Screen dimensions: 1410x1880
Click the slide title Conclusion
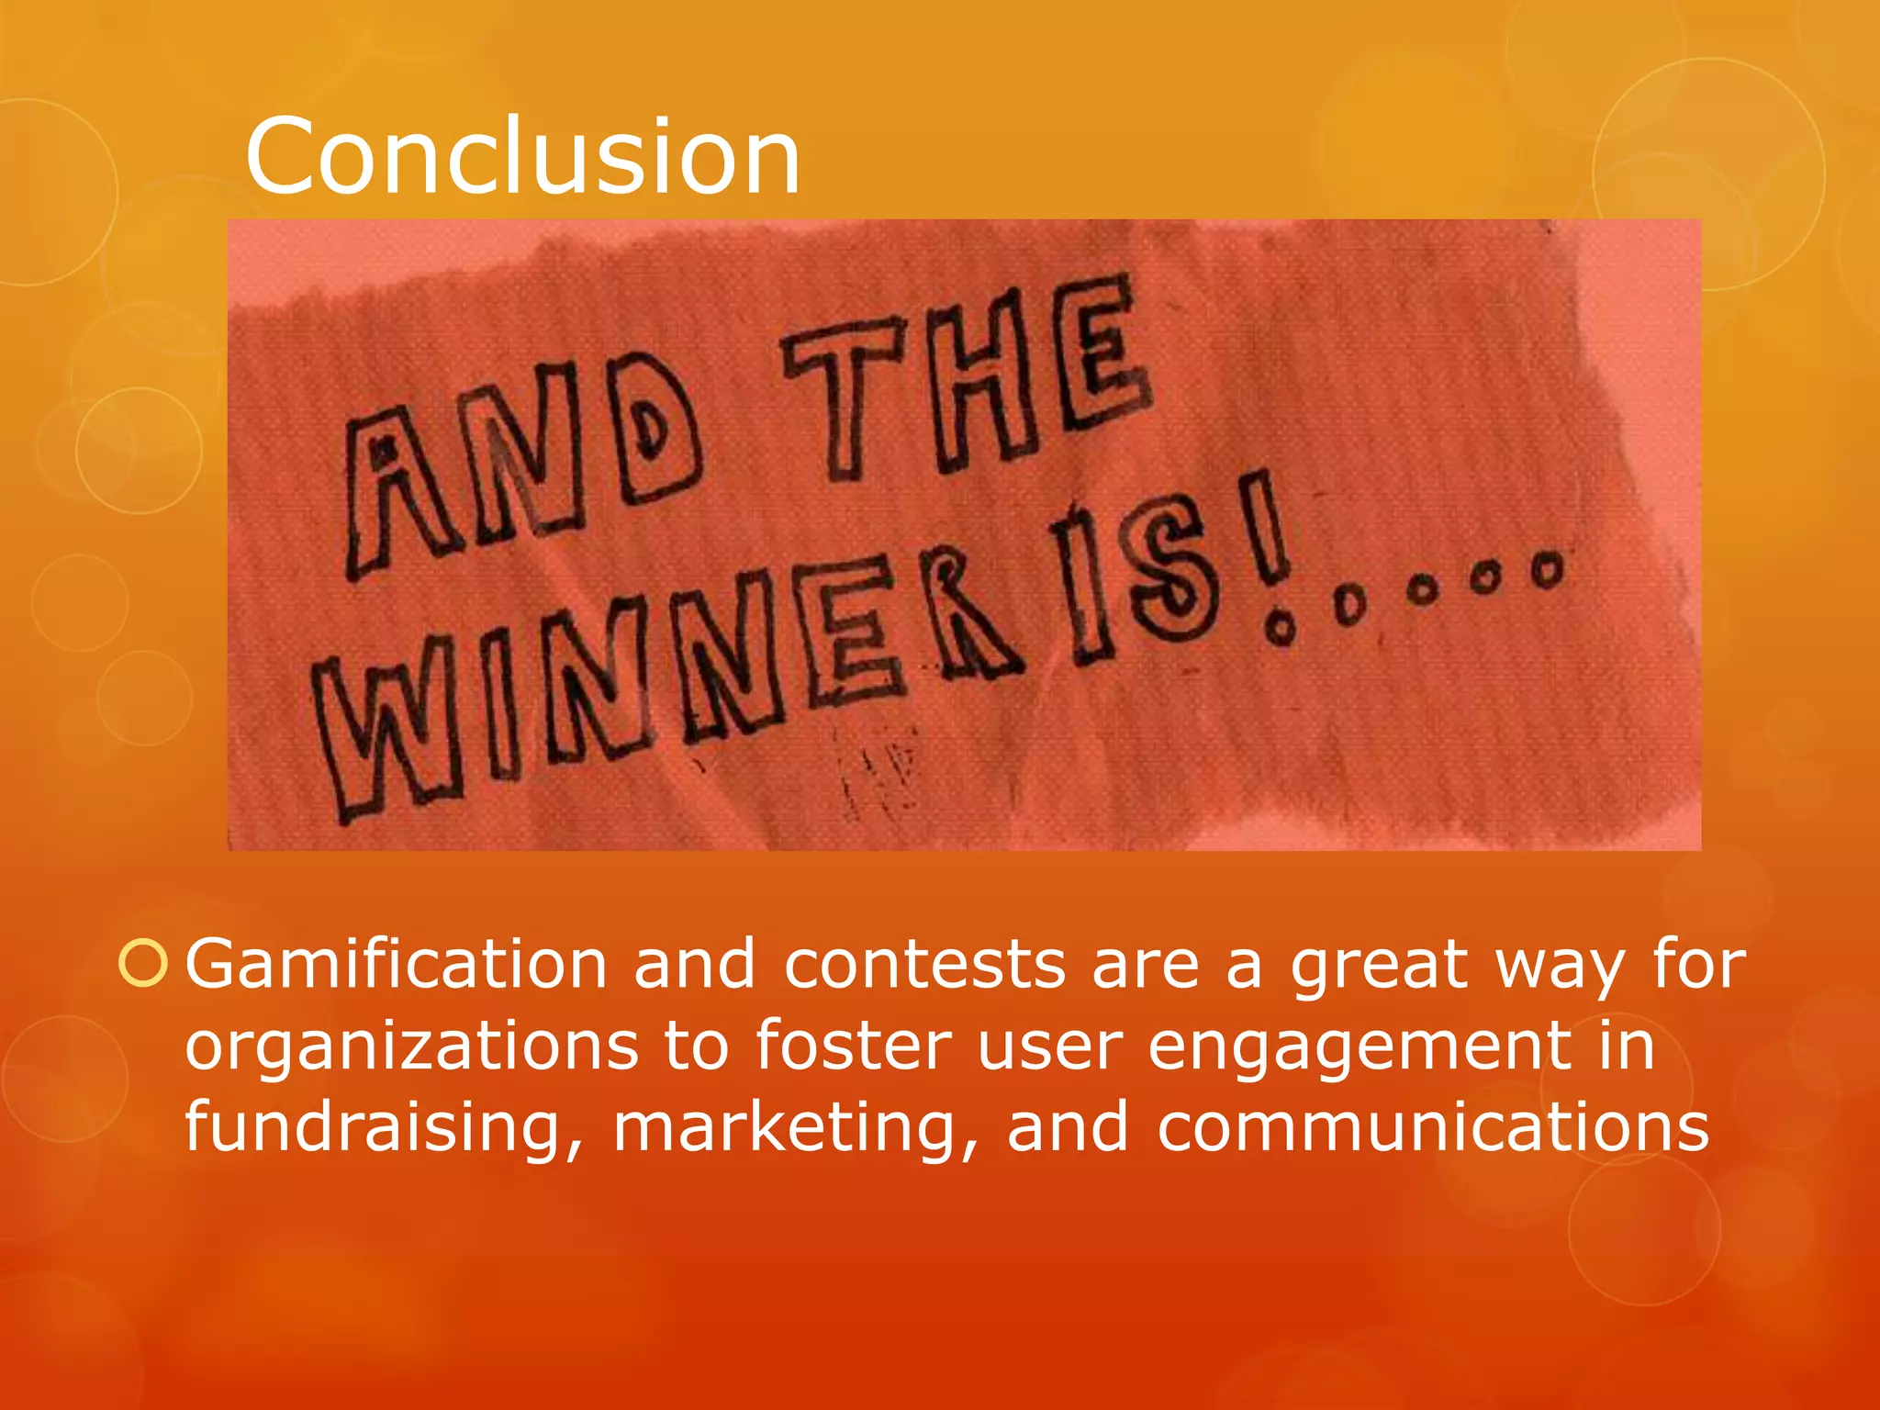pyautogui.click(x=522, y=158)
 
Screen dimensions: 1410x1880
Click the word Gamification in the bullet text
pyautogui.click(x=397, y=965)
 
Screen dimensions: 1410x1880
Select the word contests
pyautogui.click(x=924, y=965)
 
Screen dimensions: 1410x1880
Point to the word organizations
pyautogui.click(x=411, y=1046)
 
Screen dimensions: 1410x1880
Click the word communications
pyautogui.click(x=1432, y=1127)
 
